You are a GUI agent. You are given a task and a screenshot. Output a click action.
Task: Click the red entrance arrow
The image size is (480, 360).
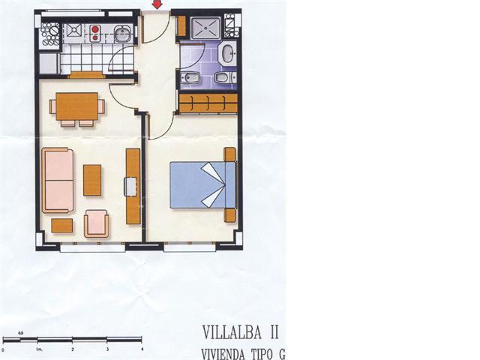tap(157, 5)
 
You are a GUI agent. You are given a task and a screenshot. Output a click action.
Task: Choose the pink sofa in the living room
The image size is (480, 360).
tap(58, 180)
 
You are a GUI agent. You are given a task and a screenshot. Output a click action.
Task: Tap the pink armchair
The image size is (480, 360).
tap(97, 223)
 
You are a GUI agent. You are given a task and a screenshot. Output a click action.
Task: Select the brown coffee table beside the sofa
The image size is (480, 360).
tap(92, 180)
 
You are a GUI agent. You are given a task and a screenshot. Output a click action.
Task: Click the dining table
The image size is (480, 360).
tap(77, 105)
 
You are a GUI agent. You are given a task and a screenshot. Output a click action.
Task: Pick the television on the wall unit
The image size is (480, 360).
tap(130, 186)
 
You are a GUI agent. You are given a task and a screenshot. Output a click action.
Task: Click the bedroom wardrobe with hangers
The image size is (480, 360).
tap(208, 103)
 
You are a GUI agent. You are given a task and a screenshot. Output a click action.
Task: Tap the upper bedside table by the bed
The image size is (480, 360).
tap(229, 154)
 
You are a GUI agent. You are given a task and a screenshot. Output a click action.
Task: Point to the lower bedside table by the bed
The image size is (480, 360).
tap(229, 214)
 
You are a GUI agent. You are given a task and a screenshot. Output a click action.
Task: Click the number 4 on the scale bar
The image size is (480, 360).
tap(142, 349)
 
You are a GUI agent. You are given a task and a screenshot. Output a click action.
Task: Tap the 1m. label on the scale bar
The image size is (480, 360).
tap(37, 349)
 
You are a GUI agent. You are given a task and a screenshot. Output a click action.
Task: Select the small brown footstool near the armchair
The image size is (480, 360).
tap(61, 225)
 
